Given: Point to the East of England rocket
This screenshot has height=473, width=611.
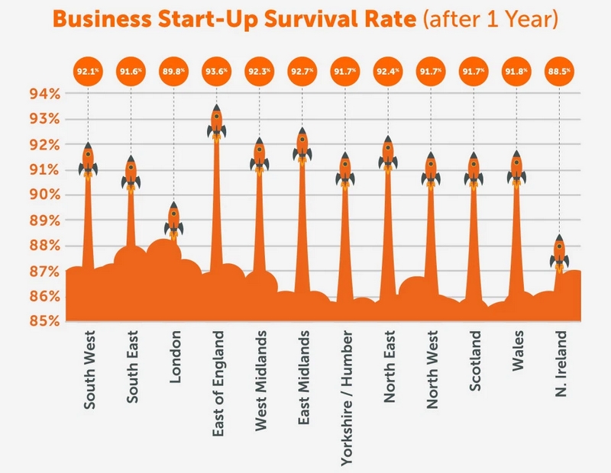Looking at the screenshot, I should tap(216, 123).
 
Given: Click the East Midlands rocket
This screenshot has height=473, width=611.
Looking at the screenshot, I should tap(302, 146).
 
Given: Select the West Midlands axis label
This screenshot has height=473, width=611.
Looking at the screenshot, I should tap(260, 381).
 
